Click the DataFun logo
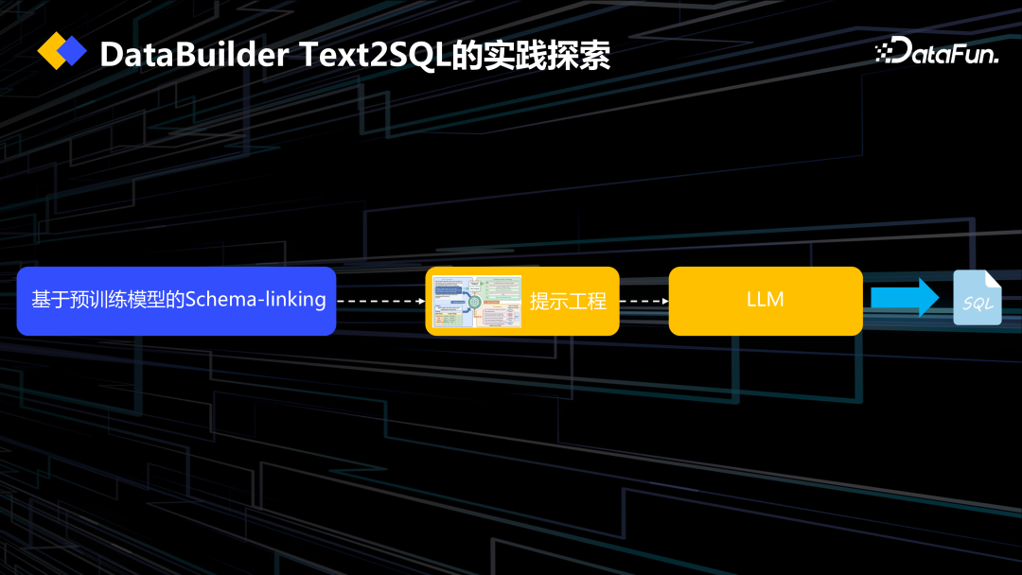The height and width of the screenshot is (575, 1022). [x=936, y=52]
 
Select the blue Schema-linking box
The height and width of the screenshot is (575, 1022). [x=176, y=301]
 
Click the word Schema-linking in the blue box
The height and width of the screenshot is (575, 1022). [x=255, y=301]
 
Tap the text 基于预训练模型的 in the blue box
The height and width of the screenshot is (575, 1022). [x=108, y=301]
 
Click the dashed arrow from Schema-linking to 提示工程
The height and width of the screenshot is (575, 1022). [x=380, y=302]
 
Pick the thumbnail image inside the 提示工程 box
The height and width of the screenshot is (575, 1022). [x=477, y=302]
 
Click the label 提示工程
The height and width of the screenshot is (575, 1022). [x=568, y=302]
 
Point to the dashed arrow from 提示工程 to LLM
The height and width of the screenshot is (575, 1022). [x=643, y=302]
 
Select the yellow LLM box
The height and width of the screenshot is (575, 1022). [x=766, y=301]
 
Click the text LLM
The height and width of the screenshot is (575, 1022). [x=766, y=300]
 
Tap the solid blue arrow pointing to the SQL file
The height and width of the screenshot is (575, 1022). [x=905, y=297]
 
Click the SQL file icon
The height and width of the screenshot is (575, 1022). [x=977, y=298]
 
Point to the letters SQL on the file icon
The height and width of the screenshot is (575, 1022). [x=977, y=305]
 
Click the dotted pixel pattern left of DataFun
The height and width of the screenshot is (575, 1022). [x=884, y=53]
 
